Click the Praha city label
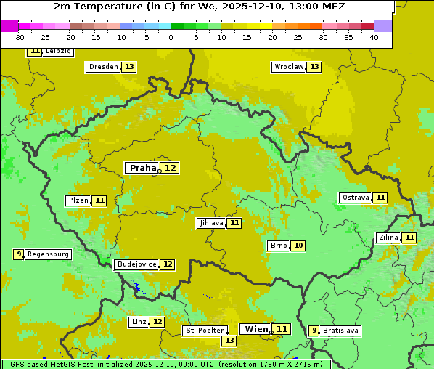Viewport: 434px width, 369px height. tap(142, 168)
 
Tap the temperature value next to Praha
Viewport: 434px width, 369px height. tap(170, 168)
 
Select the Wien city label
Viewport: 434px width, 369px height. tap(256, 329)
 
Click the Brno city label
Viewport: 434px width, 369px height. tap(279, 246)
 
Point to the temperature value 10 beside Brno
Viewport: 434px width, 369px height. tap(298, 246)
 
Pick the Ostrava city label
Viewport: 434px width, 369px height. tap(356, 198)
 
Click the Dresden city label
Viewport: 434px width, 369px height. tap(103, 67)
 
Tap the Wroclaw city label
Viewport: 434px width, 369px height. tap(288, 67)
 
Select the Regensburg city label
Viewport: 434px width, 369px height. tap(48, 254)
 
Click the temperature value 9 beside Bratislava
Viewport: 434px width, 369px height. tap(314, 331)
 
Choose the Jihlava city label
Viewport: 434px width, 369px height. tap(210, 223)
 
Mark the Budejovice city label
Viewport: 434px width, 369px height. tap(136, 264)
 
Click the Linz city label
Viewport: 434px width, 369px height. tap(139, 322)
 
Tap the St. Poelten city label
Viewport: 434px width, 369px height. tap(205, 331)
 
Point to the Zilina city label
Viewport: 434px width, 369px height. tap(388, 238)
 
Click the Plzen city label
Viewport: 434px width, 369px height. tap(78, 200)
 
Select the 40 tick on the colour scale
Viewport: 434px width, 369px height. tap(374, 37)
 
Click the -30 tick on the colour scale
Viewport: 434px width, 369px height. tap(19, 37)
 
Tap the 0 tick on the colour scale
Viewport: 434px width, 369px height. tap(171, 37)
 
